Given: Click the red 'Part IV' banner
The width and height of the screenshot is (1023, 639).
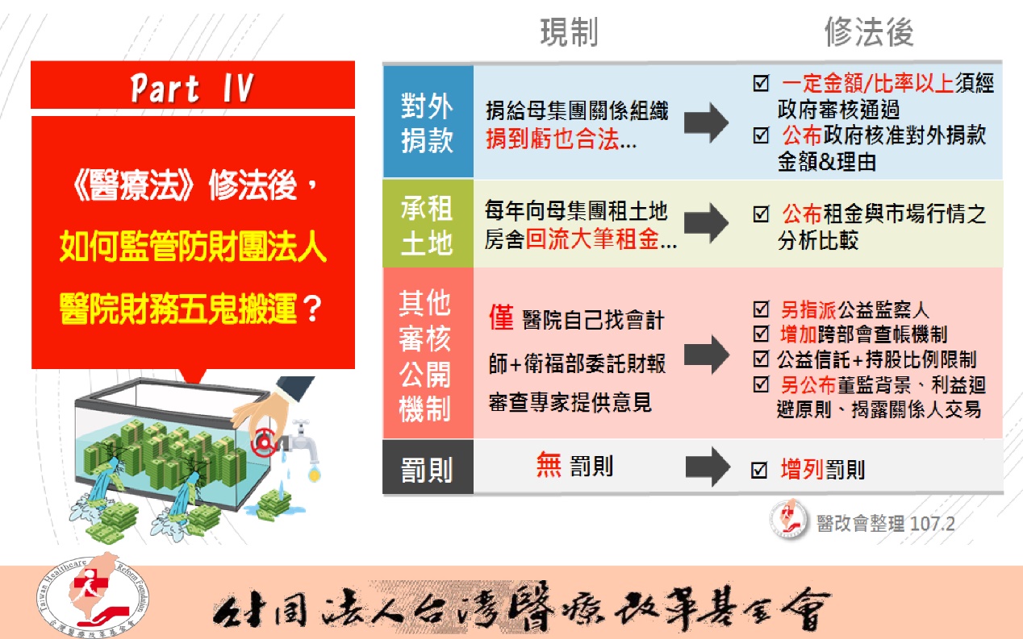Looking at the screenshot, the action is click(193, 85).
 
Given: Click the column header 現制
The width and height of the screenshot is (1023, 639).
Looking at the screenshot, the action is click(569, 32).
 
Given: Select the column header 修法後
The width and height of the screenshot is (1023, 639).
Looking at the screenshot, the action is click(869, 32).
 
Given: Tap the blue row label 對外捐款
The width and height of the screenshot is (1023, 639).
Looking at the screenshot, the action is click(428, 122).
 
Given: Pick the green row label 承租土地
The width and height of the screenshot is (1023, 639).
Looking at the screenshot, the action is click(428, 224).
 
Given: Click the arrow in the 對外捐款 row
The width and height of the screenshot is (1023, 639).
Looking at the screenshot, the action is click(706, 122).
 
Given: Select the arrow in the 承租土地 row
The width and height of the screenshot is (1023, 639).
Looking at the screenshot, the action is click(706, 222).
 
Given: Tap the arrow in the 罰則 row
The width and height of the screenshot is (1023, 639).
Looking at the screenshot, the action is click(708, 467).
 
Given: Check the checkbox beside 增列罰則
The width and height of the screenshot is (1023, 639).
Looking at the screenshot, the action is click(759, 470).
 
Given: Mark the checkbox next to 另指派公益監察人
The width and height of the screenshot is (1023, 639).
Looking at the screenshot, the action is click(762, 309).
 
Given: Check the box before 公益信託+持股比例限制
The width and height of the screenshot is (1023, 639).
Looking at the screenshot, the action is click(762, 359).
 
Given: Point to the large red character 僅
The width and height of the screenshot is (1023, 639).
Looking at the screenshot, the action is click(501, 317).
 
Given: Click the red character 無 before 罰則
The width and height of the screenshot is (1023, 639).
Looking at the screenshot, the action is click(549, 464).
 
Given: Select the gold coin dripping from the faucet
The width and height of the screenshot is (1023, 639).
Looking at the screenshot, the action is click(314, 475).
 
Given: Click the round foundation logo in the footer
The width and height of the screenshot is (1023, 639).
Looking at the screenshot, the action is click(93, 595).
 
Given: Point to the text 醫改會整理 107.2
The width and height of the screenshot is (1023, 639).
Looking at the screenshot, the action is click(885, 524).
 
